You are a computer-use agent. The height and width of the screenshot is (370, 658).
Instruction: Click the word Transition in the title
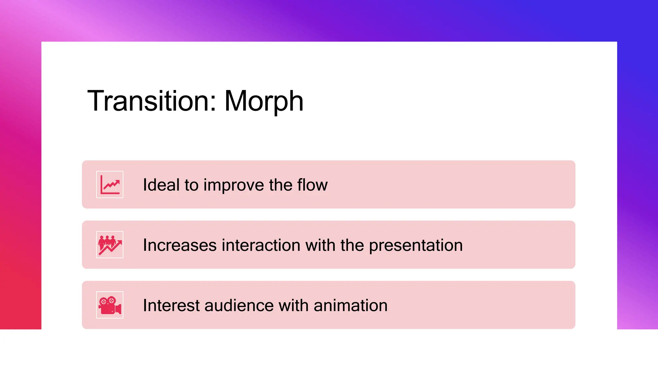pyautogui.click(x=148, y=101)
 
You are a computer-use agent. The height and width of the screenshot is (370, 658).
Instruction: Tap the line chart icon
pyautogui.click(x=110, y=185)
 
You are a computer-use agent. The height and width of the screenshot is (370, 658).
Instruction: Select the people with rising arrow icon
pyautogui.click(x=110, y=245)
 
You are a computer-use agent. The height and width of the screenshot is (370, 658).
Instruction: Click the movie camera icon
pyautogui.click(x=110, y=305)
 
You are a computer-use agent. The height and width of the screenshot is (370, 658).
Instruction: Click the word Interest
pyautogui.click(x=171, y=305)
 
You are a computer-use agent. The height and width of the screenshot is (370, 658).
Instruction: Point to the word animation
pyautogui.click(x=351, y=305)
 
